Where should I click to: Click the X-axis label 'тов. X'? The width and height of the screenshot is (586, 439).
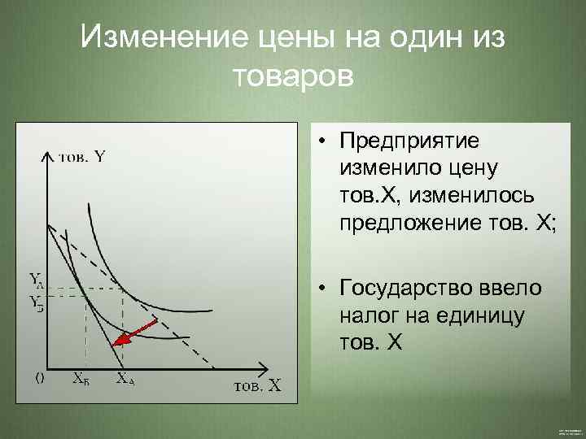[x=256, y=385]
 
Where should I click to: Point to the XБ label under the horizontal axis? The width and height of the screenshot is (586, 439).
[x=81, y=378]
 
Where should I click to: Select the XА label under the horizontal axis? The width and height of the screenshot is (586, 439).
[x=125, y=378]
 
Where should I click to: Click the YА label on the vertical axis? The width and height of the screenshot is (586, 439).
[x=37, y=281]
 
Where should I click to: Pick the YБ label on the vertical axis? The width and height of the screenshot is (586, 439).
[x=37, y=302]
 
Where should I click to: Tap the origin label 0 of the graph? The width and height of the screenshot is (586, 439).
[x=38, y=376]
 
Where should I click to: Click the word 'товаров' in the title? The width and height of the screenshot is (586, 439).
[x=293, y=77]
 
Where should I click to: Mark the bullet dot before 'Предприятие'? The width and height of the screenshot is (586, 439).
[x=323, y=142]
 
